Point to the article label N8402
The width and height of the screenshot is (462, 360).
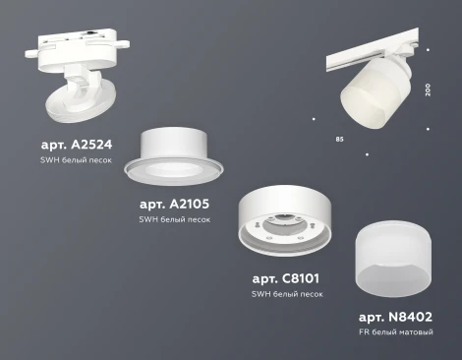[x=395, y=317]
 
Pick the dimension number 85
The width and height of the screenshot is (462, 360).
[x=339, y=139]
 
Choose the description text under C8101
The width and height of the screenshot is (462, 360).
[x=287, y=294]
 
